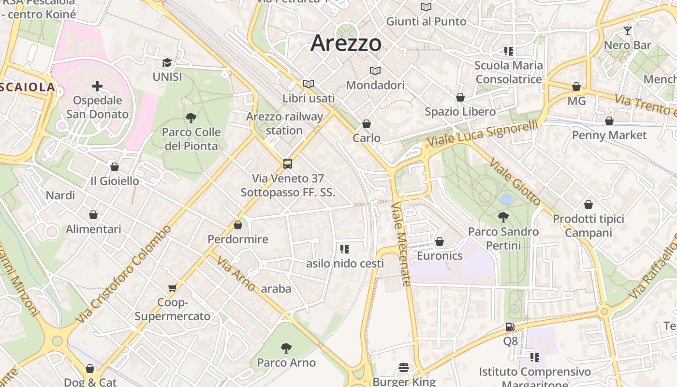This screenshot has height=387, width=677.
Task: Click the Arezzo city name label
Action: pos(346,43)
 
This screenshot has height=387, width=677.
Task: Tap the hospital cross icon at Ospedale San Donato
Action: pos(97,86)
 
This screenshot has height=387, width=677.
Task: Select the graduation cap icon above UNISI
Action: pos(167,63)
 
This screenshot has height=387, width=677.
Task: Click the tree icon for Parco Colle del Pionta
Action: pos(191,118)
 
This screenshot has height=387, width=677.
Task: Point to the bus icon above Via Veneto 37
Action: pos(288,164)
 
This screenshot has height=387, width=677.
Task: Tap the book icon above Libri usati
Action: pos(309,84)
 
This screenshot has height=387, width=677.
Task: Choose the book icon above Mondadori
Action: pos(375,71)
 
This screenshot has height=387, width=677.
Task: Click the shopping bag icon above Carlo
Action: pos(367,124)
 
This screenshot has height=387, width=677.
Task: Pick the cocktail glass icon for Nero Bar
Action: pos(628,31)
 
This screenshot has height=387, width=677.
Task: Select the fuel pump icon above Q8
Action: pos(510,327)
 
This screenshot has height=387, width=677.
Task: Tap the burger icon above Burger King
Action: pos(404,368)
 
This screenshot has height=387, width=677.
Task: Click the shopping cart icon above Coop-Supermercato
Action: pos(172,288)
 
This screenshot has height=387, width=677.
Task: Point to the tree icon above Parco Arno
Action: pos(286,348)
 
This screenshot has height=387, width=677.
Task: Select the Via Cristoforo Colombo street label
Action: pos(125,274)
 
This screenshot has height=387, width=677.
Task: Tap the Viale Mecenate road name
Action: pos(401,244)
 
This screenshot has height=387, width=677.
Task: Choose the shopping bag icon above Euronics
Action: pos(440,241)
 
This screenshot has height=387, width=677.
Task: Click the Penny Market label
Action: pos(609,135)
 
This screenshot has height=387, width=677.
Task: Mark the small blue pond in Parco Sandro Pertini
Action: pos(506,198)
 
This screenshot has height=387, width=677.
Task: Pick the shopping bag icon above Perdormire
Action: pos(237,225)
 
